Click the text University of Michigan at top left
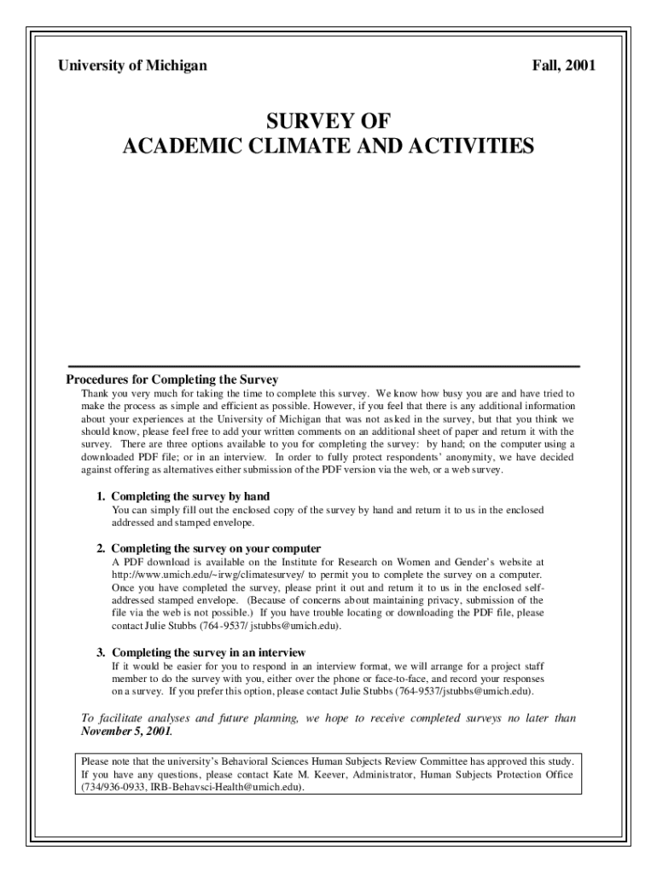coord(131,66)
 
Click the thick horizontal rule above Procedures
coord(323,366)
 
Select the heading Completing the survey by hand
coord(190,496)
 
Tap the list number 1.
coord(100,496)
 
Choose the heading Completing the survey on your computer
coord(216,548)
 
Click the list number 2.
coord(100,548)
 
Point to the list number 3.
coord(100,653)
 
